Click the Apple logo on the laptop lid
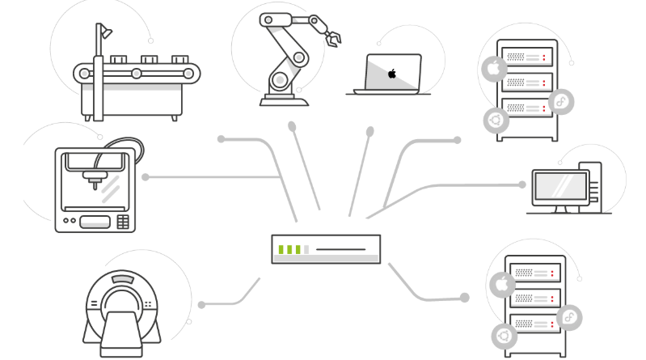(x=393, y=74)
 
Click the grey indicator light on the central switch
(x=306, y=248)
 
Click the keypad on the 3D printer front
(x=122, y=221)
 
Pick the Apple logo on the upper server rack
(x=492, y=68)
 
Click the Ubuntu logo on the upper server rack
(x=494, y=121)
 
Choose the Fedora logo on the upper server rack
(x=560, y=100)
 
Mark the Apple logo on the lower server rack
(x=501, y=284)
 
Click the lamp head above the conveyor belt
(x=106, y=32)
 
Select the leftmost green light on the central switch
(x=281, y=248)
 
